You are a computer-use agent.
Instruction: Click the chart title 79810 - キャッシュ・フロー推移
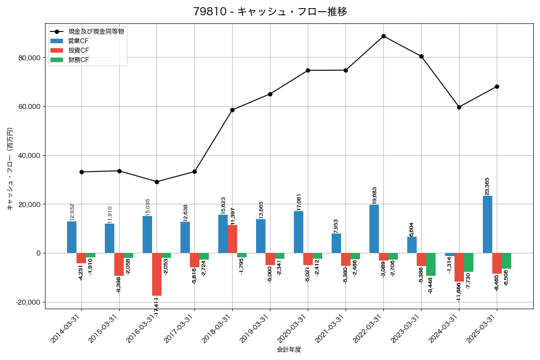(270, 12)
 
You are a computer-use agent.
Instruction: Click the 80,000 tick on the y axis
(28, 58)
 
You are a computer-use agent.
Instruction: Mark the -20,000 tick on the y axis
(27, 302)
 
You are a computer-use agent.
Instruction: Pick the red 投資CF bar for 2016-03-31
(157, 274)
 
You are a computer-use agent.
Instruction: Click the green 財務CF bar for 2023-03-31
(431, 264)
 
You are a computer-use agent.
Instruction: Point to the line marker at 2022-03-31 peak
(383, 36)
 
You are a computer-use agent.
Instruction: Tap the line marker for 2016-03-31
(157, 182)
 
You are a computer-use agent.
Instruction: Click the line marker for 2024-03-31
(459, 107)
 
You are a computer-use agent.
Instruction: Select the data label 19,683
(374, 195)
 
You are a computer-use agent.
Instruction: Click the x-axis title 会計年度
(289, 349)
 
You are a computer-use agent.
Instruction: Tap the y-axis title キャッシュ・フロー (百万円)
(10, 169)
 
